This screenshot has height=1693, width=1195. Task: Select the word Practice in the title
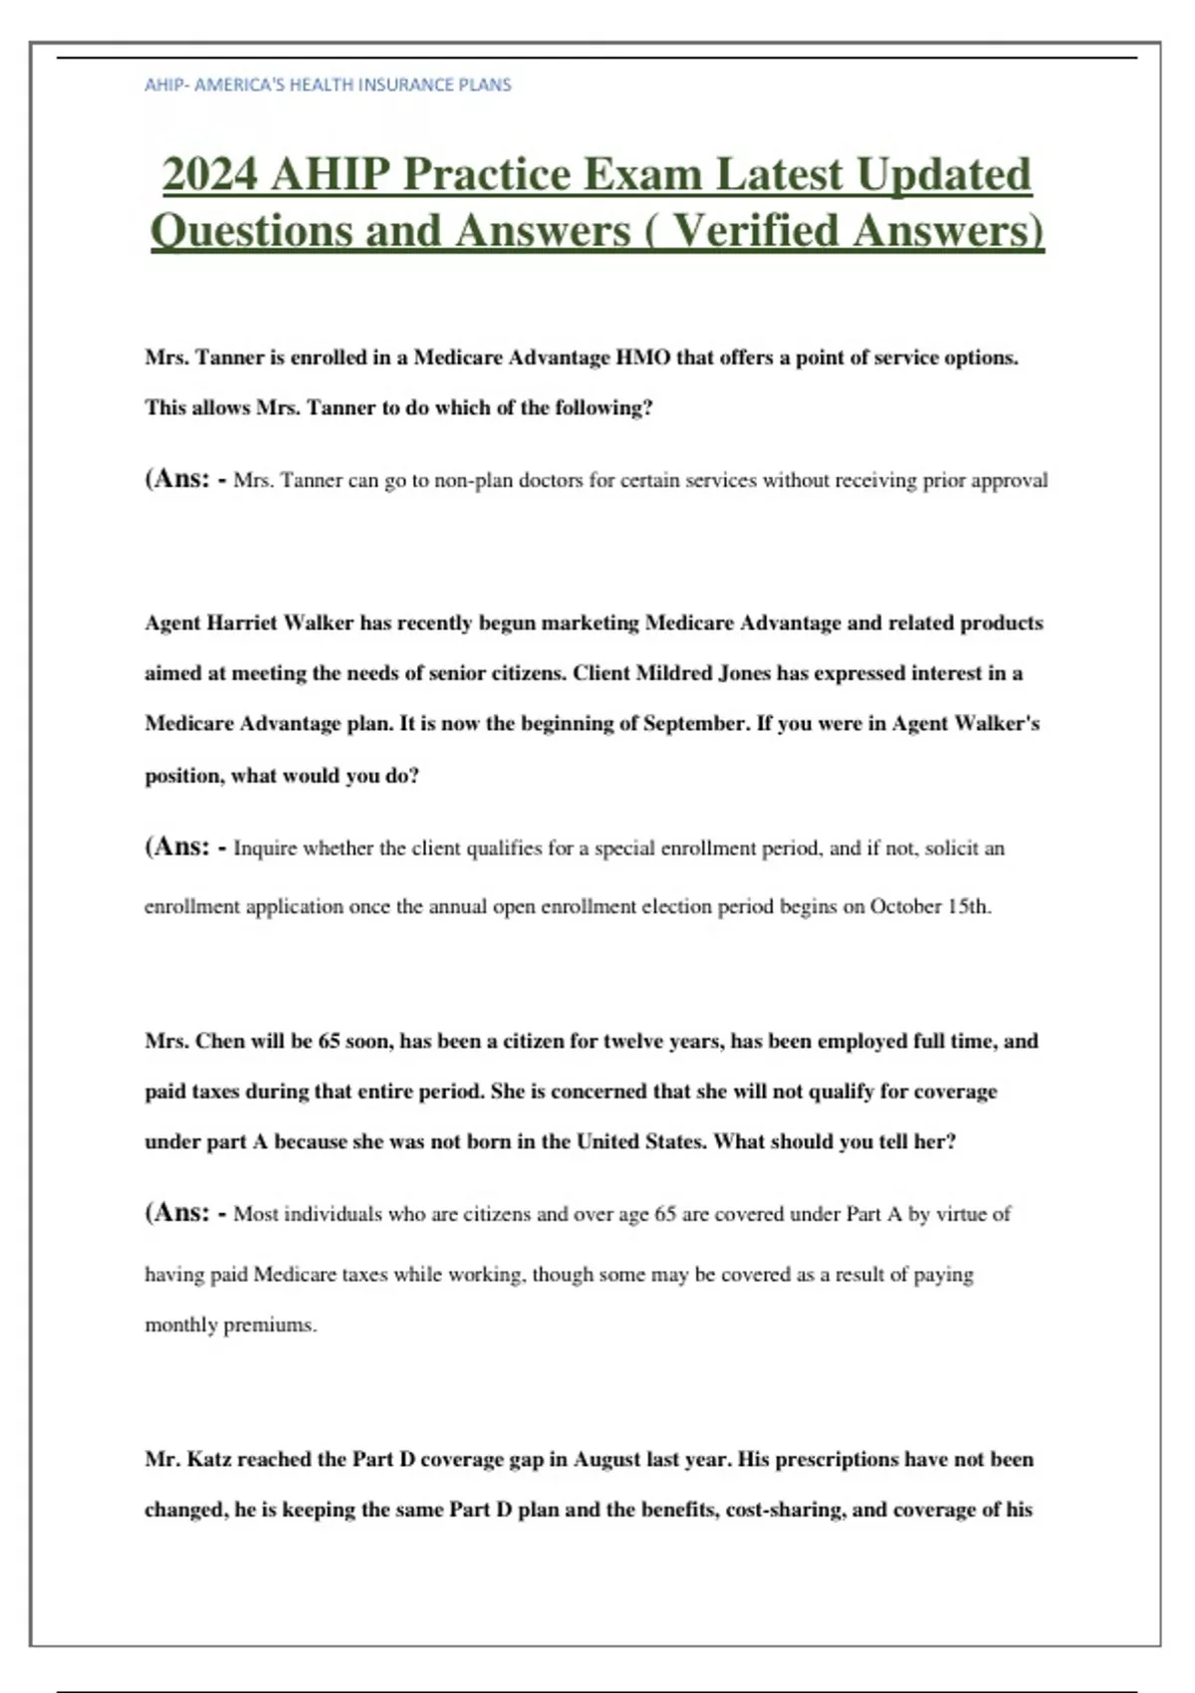pos(486,174)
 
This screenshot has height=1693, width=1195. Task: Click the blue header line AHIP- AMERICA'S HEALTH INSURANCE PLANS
pos(328,85)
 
